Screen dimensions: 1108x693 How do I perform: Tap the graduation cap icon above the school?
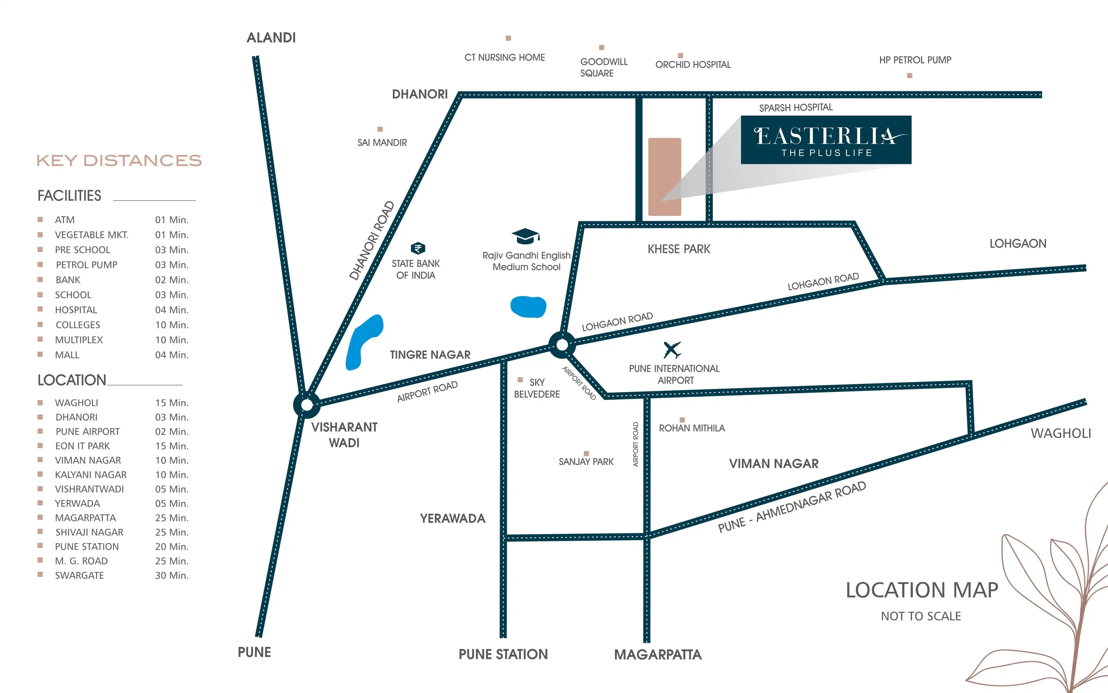[526, 237]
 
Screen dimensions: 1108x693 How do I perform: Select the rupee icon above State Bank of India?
[418, 248]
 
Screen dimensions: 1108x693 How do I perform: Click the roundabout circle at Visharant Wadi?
[307, 405]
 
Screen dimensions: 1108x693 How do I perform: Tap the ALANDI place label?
[271, 38]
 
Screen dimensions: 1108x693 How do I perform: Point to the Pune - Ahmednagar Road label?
[792, 506]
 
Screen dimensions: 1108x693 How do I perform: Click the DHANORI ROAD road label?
[372, 240]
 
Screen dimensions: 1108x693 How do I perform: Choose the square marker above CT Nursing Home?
[508, 38]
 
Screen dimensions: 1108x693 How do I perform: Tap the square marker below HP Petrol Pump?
[910, 76]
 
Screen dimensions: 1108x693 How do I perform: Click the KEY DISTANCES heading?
[119, 160]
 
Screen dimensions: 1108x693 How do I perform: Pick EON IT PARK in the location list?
[82, 446]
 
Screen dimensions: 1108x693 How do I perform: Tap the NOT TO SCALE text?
[921, 616]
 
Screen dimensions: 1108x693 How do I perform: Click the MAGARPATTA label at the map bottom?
[658, 654]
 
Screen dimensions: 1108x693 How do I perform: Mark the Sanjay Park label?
[586, 462]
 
